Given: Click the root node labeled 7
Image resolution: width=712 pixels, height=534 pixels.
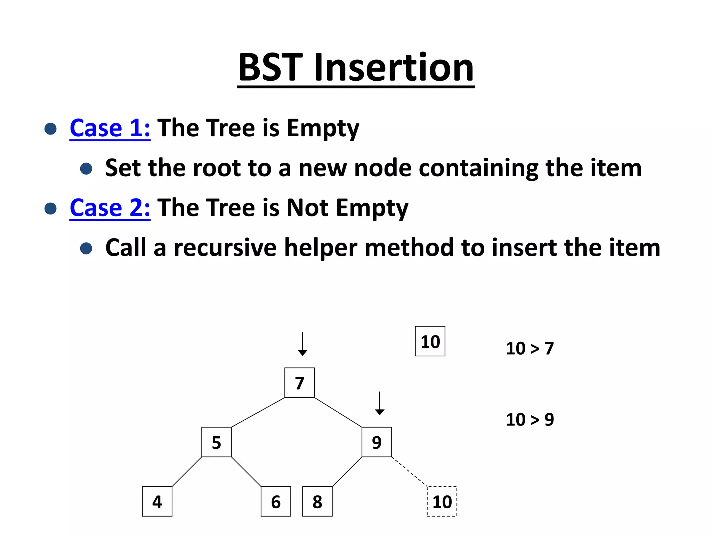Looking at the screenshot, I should coord(299,383).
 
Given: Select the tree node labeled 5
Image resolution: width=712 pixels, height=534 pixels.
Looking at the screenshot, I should coord(216,442).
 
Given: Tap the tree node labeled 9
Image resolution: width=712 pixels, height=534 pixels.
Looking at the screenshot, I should coord(377,442).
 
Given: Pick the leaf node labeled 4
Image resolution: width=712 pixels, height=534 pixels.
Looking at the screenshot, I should coord(157,501).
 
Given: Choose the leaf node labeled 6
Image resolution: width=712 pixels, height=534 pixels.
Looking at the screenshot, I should coord(276,501).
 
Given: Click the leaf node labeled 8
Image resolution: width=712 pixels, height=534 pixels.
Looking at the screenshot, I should coord(317,501).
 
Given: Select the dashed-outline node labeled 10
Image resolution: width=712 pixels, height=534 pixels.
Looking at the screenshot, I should coord(442,501).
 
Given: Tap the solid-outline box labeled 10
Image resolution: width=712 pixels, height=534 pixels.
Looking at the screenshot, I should coord(430,341).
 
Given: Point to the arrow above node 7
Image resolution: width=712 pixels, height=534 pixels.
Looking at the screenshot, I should coord(302,344).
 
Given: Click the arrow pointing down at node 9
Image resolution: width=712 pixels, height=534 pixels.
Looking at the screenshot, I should coord(380,403).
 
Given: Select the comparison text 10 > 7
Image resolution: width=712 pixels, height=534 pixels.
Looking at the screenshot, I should coord(529,348).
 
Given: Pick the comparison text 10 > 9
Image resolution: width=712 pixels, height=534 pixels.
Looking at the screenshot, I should coord(529,420).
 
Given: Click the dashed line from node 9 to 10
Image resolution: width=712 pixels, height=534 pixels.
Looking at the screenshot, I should coord(409,471).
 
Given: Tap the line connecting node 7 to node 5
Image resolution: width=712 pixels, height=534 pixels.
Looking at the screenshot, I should coord(258,412).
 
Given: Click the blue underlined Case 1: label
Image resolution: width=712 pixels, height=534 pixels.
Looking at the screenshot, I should coord(110,128).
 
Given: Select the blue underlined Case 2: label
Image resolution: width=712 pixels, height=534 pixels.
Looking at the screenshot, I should coord(110,208).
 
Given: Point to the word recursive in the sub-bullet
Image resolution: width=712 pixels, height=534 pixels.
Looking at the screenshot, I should coord(225,248).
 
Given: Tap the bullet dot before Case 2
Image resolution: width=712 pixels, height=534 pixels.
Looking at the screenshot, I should coord(51,209).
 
